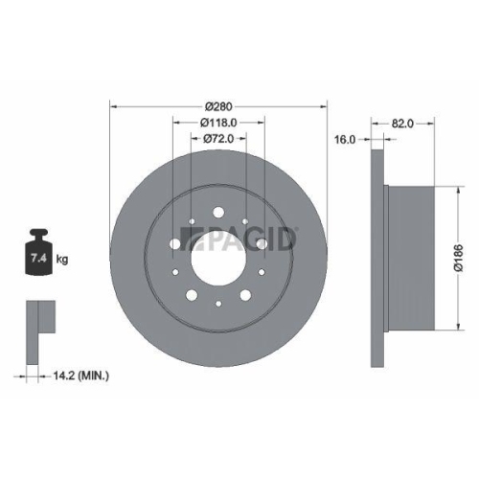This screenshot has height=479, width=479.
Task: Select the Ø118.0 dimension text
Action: [x=219, y=123]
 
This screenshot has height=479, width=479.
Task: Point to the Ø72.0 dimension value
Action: [x=219, y=140]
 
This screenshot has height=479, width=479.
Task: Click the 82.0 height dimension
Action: [x=403, y=124]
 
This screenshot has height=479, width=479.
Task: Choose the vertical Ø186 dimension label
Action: [x=457, y=259]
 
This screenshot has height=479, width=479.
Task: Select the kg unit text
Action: [x=61, y=259]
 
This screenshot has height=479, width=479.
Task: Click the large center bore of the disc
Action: [x=219, y=256]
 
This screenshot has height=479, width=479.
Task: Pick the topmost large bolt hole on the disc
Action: [x=218, y=212]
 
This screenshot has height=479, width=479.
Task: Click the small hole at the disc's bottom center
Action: [x=219, y=305]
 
